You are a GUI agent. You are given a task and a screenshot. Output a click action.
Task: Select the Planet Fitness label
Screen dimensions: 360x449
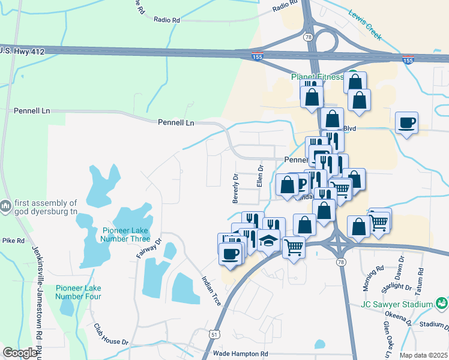pyautogui.click(x=317, y=77)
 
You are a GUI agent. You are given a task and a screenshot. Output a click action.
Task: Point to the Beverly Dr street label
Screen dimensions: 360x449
pyautogui.click(x=235, y=188)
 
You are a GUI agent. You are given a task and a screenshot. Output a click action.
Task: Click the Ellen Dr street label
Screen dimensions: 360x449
pyautogui.click(x=260, y=176)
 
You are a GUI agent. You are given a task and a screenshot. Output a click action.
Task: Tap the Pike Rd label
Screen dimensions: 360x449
pyautogui.click(x=13, y=241)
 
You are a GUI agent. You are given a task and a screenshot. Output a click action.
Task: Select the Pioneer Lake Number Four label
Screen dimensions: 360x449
pyautogui.click(x=78, y=292)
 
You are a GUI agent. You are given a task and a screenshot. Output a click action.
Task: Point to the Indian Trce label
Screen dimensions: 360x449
pyautogui.click(x=212, y=291)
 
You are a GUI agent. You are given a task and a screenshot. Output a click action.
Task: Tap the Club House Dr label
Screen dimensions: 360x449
pyautogui.click(x=111, y=335)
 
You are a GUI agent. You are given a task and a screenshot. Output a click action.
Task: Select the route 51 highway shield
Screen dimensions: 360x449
pyautogui.click(x=214, y=334)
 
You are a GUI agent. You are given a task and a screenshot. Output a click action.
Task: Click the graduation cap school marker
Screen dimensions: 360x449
pyautogui.click(x=269, y=239)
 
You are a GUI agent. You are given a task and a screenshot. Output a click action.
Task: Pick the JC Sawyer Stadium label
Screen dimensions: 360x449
pyautogui.click(x=396, y=304)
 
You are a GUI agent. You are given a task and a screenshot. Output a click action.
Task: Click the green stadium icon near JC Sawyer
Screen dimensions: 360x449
pyautogui.click(x=441, y=304)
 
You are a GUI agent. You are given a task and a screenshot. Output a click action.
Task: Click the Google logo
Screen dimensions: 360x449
pyautogui.click(x=20, y=353)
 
